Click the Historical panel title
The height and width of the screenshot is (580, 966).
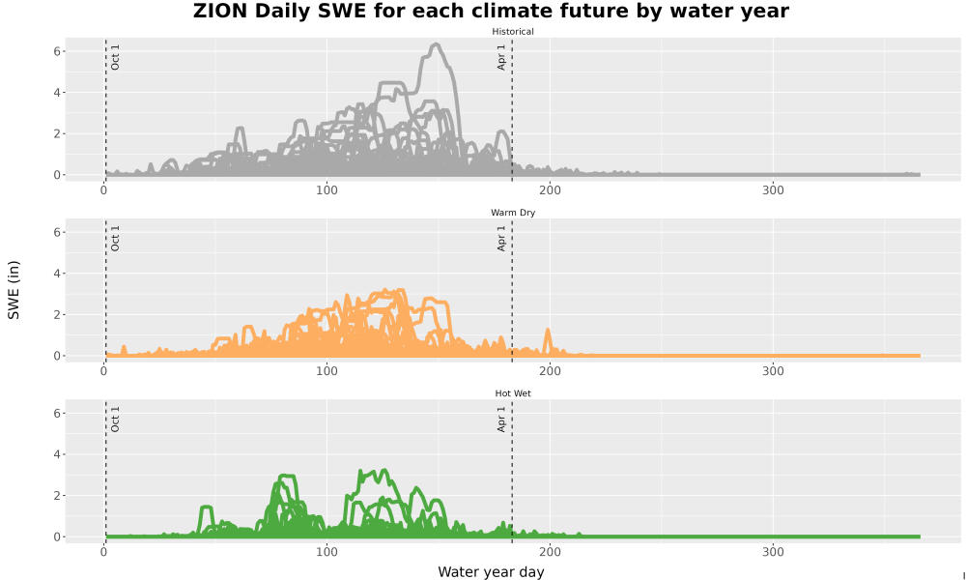513,32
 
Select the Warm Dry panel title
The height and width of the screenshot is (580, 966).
513,213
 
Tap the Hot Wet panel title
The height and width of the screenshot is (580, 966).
513,393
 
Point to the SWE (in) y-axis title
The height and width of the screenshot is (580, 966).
14,290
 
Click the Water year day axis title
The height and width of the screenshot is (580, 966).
491,572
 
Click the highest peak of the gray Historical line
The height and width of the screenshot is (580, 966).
436,44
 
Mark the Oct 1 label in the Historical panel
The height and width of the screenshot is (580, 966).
115,57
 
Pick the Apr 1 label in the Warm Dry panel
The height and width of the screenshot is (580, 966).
501,238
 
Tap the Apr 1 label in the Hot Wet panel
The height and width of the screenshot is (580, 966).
501,420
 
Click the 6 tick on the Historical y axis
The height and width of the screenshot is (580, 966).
57,51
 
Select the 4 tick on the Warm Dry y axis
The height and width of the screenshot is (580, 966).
57,273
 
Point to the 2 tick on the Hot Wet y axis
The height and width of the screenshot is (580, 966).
57,496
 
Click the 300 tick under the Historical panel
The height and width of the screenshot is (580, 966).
773,190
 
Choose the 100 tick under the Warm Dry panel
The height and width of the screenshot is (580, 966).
327,371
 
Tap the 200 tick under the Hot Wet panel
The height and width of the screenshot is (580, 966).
550,552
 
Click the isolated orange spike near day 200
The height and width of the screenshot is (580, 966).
548,331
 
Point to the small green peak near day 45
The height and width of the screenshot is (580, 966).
207,507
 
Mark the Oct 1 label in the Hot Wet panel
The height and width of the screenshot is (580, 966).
115,420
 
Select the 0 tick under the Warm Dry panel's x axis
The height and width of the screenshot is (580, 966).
104,371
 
